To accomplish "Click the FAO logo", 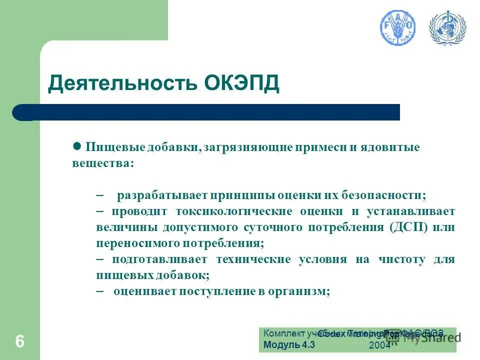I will tap(398, 28).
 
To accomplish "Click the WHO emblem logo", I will tap(447, 28).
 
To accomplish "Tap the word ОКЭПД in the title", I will tap(242, 83).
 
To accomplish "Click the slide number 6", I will tap(19, 342).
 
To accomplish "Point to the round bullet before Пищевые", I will tap(77, 146).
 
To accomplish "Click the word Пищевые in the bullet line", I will tap(111, 148).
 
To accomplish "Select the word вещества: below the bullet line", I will tap(102, 163).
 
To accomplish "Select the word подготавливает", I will tap(159, 259).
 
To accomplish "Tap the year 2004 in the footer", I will tap(379, 345).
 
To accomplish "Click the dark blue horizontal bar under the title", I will tap(210, 112).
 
